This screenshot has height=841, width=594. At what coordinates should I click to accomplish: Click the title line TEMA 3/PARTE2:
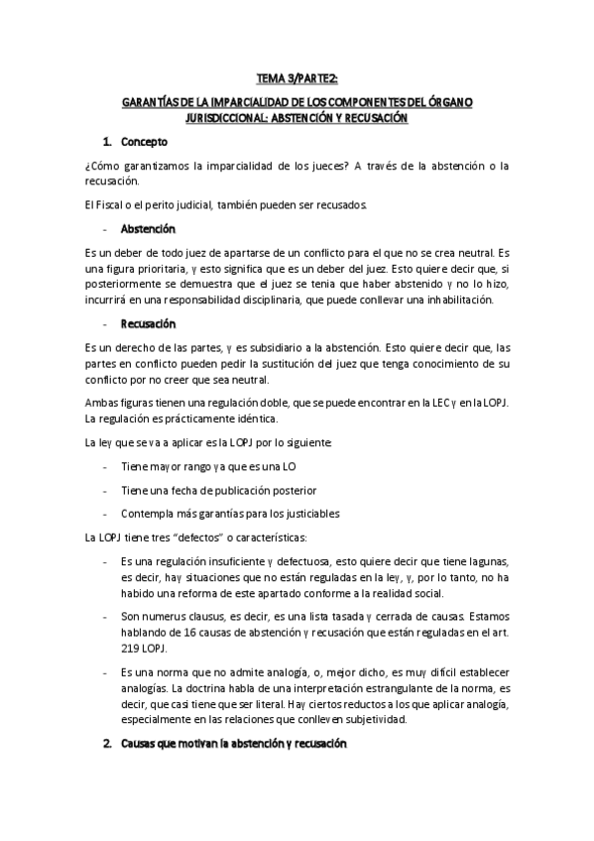click(297, 80)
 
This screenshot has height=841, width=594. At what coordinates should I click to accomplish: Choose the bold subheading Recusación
click(148, 323)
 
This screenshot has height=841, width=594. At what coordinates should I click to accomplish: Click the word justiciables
click(302, 514)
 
